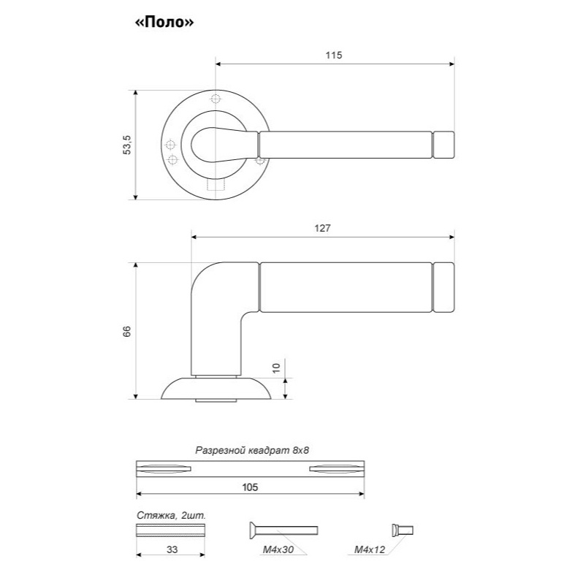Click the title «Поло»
click(164, 23)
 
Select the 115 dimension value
click(333, 56)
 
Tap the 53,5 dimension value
click(127, 145)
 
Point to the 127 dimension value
click(322, 228)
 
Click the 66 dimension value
click(126, 331)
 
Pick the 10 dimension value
click(276, 368)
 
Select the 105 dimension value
click(250, 487)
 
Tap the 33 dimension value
click(172, 549)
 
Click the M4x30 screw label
click(278, 549)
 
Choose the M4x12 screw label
click(370, 549)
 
